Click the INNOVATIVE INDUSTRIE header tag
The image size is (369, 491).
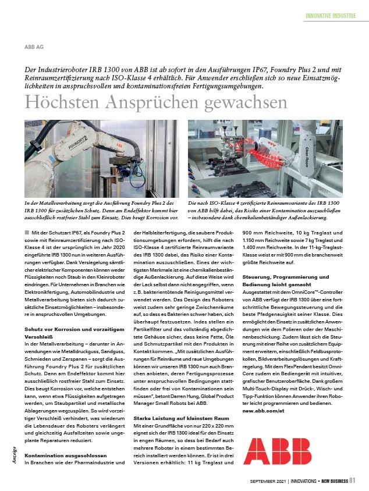point(330,16)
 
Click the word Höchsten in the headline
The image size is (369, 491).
point(61,102)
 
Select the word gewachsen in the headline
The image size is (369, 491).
point(245,102)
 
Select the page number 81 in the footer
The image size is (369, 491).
point(352,481)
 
